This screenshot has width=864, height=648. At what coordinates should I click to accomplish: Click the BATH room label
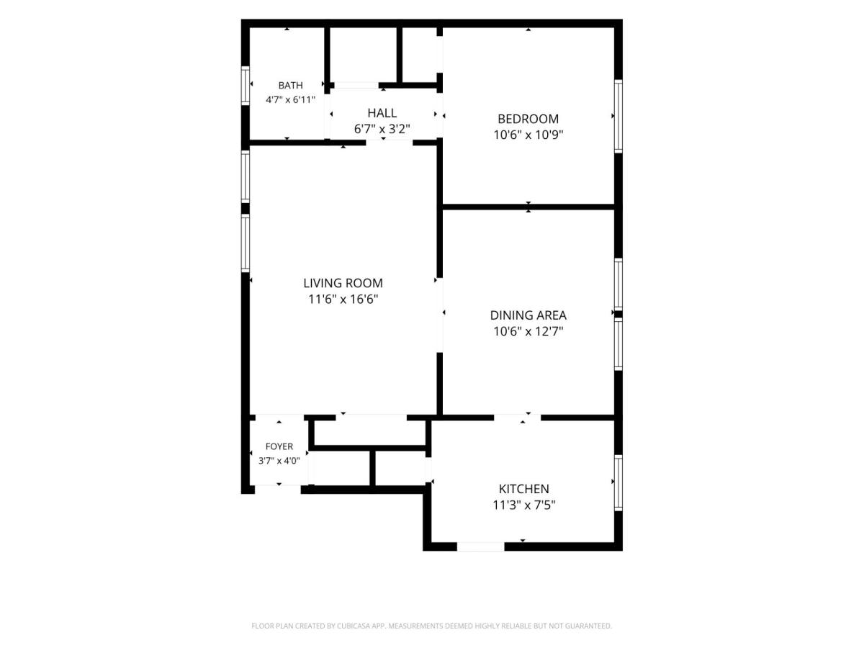(x=290, y=86)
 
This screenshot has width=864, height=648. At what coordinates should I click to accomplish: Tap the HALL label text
(x=382, y=113)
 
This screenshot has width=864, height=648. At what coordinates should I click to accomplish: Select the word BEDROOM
(x=528, y=119)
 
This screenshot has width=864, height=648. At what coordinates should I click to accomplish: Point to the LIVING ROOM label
(x=343, y=283)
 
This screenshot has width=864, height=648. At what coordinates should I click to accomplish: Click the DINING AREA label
(x=528, y=315)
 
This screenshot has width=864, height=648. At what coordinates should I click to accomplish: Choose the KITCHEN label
(x=523, y=489)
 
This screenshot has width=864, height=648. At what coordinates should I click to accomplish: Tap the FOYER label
(x=279, y=446)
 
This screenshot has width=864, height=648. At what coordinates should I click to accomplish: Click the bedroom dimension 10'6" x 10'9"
(x=528, y=135)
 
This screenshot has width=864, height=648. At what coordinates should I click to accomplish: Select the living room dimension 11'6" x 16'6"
(x=343, y=300)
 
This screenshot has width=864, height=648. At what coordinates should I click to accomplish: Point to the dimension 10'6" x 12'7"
(x=528, y=331)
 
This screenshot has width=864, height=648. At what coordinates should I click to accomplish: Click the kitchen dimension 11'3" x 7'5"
(x=523, y=505)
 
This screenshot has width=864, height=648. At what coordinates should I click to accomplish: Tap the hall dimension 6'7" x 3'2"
(x=382, y=129)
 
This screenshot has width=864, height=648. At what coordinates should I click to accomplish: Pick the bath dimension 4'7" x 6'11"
(x=290, y=99)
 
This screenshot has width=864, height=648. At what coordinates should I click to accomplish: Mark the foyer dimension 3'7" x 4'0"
(x=279, y=460)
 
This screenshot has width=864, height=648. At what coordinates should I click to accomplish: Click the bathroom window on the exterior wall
(x=246, y=86)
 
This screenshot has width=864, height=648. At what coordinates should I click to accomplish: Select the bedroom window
(x=618, y=117)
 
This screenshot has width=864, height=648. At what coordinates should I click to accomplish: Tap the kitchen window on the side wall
(x=618, y=482)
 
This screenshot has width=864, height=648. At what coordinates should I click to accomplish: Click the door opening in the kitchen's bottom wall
(x=480, y=547)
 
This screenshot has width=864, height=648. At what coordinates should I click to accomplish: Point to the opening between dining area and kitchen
(x=517, y=418)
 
